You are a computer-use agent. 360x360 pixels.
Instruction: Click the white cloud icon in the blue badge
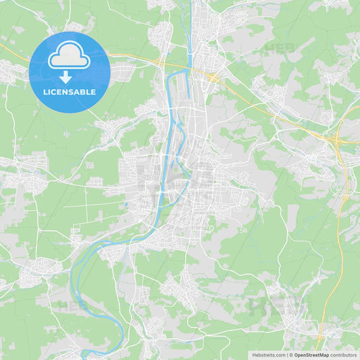(x=69, y=57)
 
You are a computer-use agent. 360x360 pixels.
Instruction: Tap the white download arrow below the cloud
(x=66, y=77)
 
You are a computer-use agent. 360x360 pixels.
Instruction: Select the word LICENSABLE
(x=70, y=92)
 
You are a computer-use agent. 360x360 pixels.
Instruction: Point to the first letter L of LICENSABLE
(x=45, y=92)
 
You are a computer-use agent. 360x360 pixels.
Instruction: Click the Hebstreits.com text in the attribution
(x=268, y=355)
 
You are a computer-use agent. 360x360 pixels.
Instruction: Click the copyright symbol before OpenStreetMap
(x=291, y=355)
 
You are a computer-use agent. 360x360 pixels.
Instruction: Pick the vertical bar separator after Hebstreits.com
(x=286, y=355)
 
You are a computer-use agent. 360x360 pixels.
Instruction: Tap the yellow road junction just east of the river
(x=213, y=78)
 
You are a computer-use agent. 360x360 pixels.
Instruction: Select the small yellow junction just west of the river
(x=160, y=62)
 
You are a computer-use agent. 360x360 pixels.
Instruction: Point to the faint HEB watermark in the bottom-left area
(x=71, y=305)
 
